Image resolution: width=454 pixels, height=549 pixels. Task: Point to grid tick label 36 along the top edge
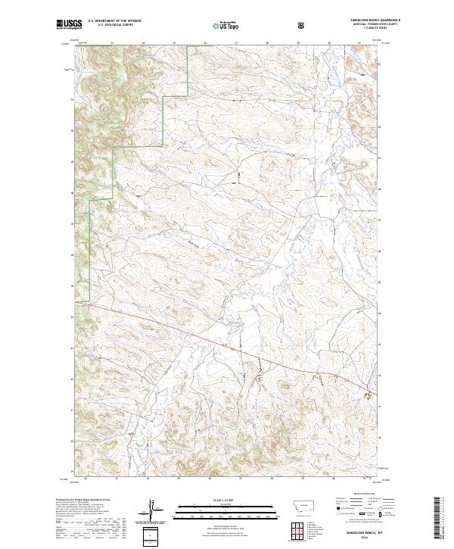tap(205, 43)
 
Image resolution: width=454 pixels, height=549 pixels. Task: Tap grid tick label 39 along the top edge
tap(298, 43)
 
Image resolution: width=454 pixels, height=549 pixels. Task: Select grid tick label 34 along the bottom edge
tap(148, 479)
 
